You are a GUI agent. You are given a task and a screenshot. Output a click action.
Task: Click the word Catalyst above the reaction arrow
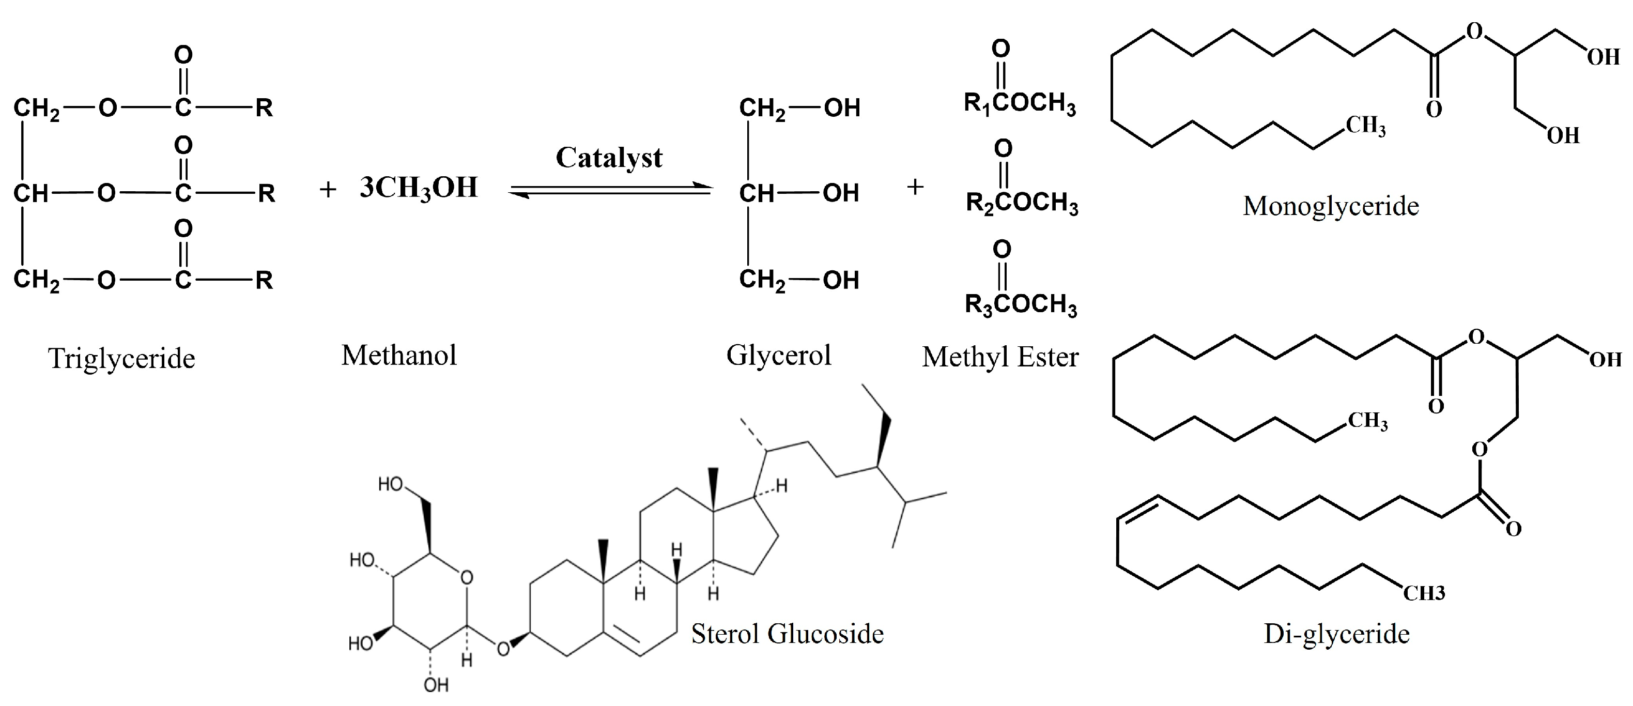point(609,158)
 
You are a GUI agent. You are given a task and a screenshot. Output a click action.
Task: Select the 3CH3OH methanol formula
point(419,188)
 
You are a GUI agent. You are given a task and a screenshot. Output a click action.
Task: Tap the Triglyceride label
point(122,359)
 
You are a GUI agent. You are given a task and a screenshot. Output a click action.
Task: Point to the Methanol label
point(399,356)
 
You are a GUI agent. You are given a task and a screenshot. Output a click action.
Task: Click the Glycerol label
point(778,356)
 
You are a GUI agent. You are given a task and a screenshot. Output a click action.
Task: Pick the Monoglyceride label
point(1331,207)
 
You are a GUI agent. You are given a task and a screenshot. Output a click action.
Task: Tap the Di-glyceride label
point(1336,634)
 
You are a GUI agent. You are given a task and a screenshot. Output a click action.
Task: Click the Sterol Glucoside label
point(787,634)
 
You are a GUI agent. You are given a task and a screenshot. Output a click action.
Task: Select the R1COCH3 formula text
point(1020,103)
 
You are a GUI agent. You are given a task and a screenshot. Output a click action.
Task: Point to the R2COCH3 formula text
point(1021,203)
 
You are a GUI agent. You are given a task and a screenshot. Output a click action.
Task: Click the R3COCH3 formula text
point(1021,304)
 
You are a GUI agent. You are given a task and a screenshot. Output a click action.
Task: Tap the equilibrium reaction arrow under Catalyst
point(610,190)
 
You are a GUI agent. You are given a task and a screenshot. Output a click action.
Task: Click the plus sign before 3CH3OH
point(327,189)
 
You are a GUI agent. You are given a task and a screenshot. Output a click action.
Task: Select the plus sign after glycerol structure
point(914,187)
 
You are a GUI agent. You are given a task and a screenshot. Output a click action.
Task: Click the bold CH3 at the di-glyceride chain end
point(1424,593)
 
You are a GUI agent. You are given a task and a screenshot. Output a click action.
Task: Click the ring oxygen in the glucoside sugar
point(467,577)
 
